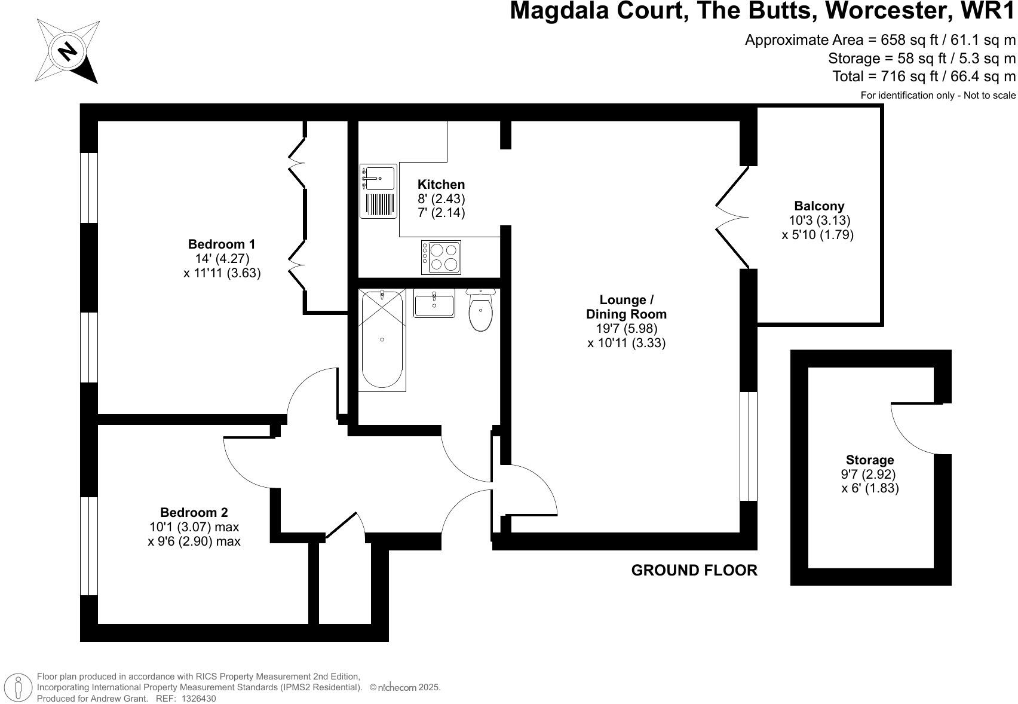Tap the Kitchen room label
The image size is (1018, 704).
coord(441,184)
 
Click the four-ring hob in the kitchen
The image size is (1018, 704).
coord(441,257)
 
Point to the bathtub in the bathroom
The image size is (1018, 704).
coord(382,339)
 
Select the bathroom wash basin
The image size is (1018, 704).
coord(434,303)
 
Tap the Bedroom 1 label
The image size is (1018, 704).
coord(222,244)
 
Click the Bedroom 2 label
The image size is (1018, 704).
coord(194,512)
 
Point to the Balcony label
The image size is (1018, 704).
coord(819,206)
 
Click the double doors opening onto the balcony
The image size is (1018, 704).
coord(732,217)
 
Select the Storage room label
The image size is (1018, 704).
coord(870,460)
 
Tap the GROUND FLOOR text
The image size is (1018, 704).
coord(694,570)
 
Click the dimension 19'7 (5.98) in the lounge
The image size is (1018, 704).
coord(626,328)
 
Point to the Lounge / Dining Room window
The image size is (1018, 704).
coord(749,446)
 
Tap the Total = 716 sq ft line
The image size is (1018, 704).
coord(924,76)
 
